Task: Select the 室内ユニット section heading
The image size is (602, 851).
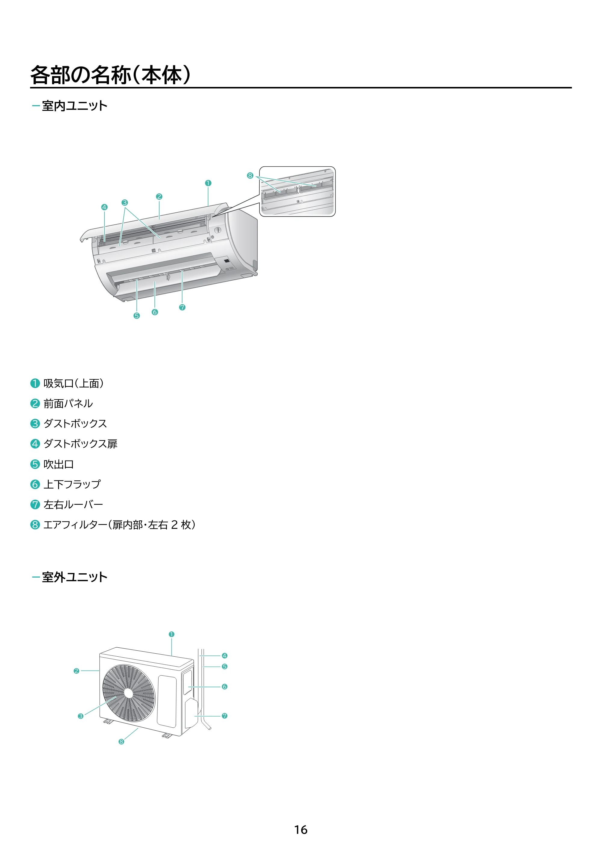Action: pos(75,106)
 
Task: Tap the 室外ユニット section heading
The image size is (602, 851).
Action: pos(75,577)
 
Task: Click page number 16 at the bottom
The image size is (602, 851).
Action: pos(301,830)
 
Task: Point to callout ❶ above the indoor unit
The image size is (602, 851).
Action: pos(208,183)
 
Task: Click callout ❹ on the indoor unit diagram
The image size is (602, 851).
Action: pos(104,207)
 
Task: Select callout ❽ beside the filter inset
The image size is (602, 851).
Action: pos(250,176)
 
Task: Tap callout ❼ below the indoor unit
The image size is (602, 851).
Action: pos(182,307)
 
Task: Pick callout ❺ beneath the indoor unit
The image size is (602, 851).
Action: pos(136,316)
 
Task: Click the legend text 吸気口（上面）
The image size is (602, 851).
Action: pos(73,383)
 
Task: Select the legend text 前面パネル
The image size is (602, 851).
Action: pos(68,403)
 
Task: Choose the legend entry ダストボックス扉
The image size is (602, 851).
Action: pos(80,444)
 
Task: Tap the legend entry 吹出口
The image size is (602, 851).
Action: pos(59,464)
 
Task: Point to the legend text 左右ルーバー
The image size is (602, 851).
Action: pos(73,504)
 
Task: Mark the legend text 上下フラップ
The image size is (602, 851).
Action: pos(72,484)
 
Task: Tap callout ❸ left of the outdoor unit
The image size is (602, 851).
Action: pos(80,716)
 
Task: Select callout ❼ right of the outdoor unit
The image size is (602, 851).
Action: pos(225,716)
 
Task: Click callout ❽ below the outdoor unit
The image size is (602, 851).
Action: pos(121,742)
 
